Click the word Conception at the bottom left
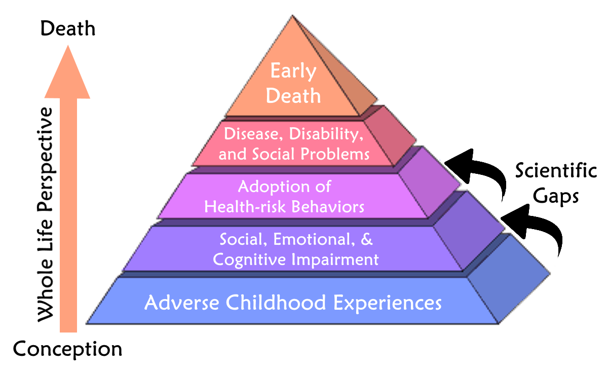pyautogui.click(x=67, y=349)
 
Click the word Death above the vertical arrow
pyautogui.click(x=68, y=28)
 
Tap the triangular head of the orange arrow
pyautogui.click(x=67, y=71)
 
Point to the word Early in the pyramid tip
pyautogui.click(x=293, y=71)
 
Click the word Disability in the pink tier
pyautogui.click(x=326, y=134)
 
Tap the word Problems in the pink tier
pyautogui.click(x=335, y=154)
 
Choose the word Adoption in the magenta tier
pyautogui.click(x=274, y=188)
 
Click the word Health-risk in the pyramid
pyautogui.click(x=245, y=207)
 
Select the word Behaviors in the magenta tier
pyautogui.click(x=328, y=207)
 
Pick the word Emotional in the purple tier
pyautogui.click(x=314, y=239)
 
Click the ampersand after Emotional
pyautogui.click(x=367, y=239)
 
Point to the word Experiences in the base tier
pyautogui.click(x=388, y=303)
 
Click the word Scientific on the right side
pyautogui.click(x=556, y=170)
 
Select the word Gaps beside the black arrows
pyautogui.click(x=556, y=196)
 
